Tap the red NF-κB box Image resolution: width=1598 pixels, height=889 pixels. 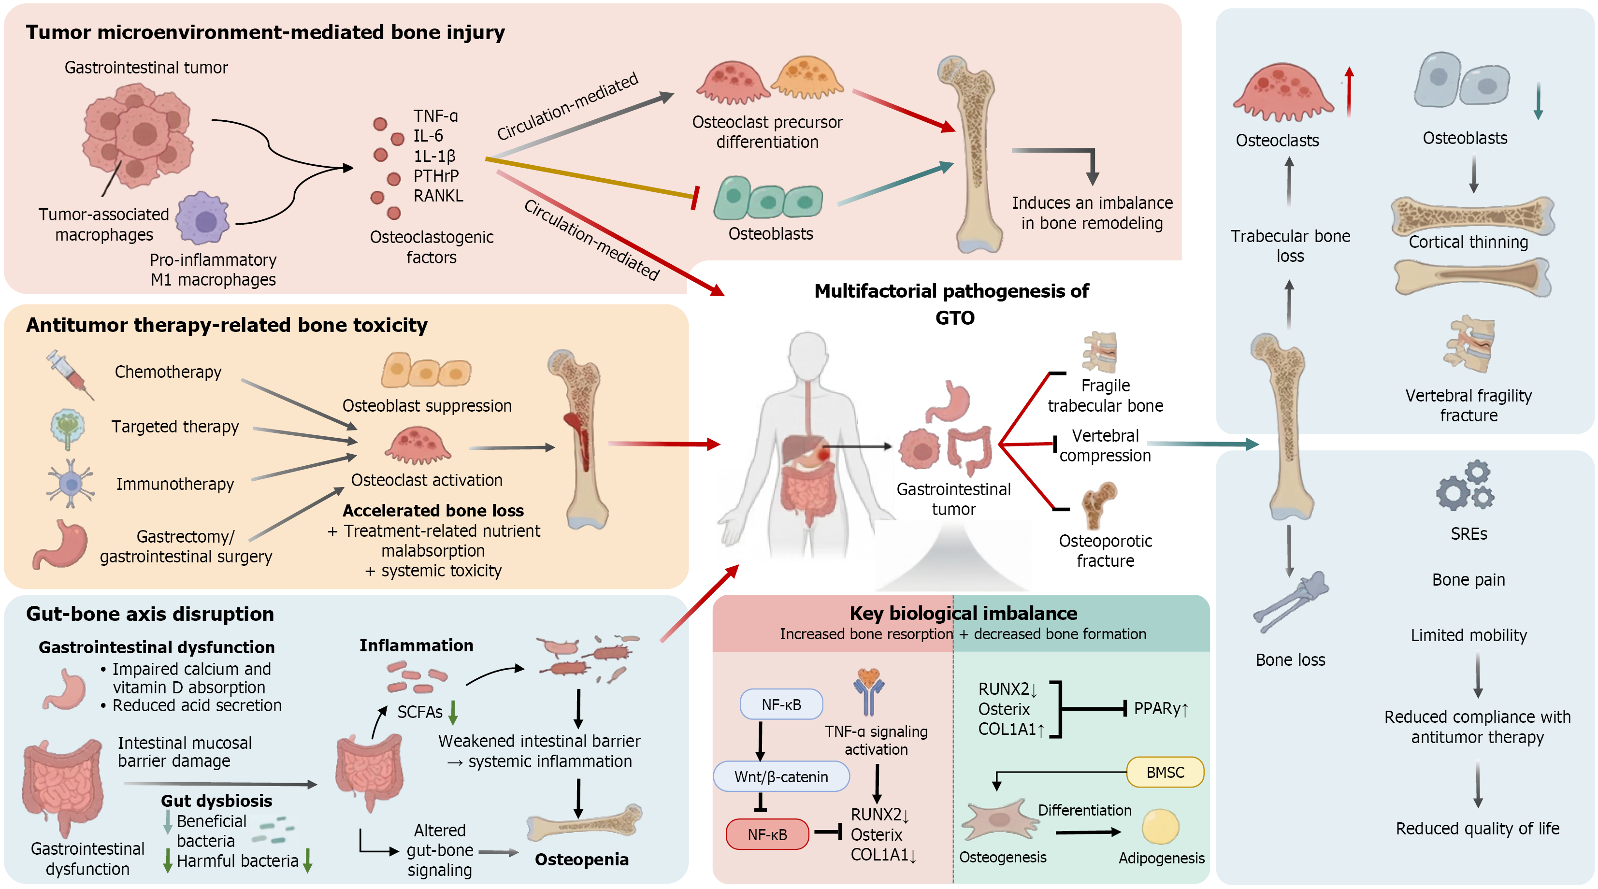[x=767, y=834]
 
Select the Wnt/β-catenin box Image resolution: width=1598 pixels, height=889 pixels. [x=781, y=777]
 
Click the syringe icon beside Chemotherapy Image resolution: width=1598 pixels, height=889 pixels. [x=70, y=374]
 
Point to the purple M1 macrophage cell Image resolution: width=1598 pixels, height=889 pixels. [x=203, y=218]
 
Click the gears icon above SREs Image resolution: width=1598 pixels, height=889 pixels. [x=1465, y=485]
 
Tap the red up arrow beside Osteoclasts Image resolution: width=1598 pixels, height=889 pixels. [x=1349, y=92]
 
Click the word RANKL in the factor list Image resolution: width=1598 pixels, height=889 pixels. [x=438, y=196]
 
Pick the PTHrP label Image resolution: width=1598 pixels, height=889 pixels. [x=436, y=176]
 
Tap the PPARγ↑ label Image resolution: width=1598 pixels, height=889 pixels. [x=1161, y=708]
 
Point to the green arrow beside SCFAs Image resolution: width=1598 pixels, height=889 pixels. [x=453, y=712]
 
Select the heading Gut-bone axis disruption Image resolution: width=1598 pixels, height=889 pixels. [x=150, y=614]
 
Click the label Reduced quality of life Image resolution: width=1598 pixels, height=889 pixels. [x=1477, y=828]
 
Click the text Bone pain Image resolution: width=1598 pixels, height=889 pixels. [x=1468, y=579]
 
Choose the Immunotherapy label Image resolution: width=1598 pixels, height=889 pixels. [x=175, y=484]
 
